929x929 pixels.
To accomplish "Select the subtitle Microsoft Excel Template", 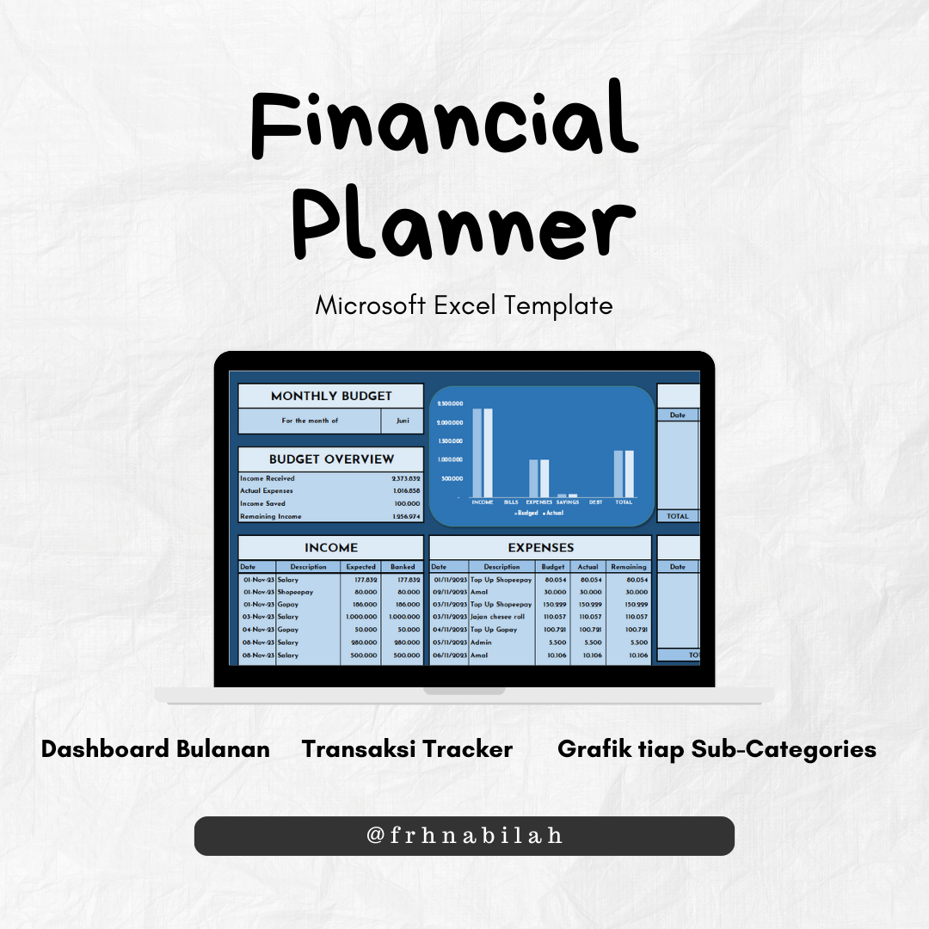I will click(x=464, y=305).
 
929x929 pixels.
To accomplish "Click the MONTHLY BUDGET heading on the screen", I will click(x=331, y=397).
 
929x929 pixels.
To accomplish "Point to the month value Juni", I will click(x=403, y=421).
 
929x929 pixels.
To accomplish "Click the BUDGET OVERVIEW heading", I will click(x=331, y=459).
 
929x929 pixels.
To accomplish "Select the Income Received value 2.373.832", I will click(x=406, y=478).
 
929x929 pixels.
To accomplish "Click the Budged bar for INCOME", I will click(x=477, y=452).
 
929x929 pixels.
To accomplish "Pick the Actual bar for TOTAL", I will click(x=629, y=473).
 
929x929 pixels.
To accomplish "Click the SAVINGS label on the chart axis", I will click(x=567, y=502).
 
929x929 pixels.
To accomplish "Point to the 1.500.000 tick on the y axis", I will click(x=450, y=441).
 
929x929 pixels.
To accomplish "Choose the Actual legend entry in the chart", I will click(x=554, y=513).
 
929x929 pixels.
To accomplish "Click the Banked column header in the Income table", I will click(x=403, y=567).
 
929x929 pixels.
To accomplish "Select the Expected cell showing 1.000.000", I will click(x=360, y=617).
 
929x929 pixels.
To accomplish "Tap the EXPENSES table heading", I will click(x=540, y=547).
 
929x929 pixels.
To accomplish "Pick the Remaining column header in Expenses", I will click(x=629, y=567).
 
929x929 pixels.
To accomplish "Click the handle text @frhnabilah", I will click(x=464, y=835).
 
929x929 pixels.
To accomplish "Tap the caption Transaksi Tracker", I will click(x=407, y=749).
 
